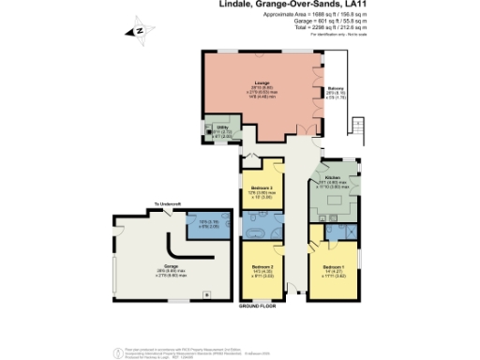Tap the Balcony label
coord(334,91)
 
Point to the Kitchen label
coord(333,176)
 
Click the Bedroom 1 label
coord(335,267)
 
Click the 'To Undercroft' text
coord(168,204)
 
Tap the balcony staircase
coord(355,127)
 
